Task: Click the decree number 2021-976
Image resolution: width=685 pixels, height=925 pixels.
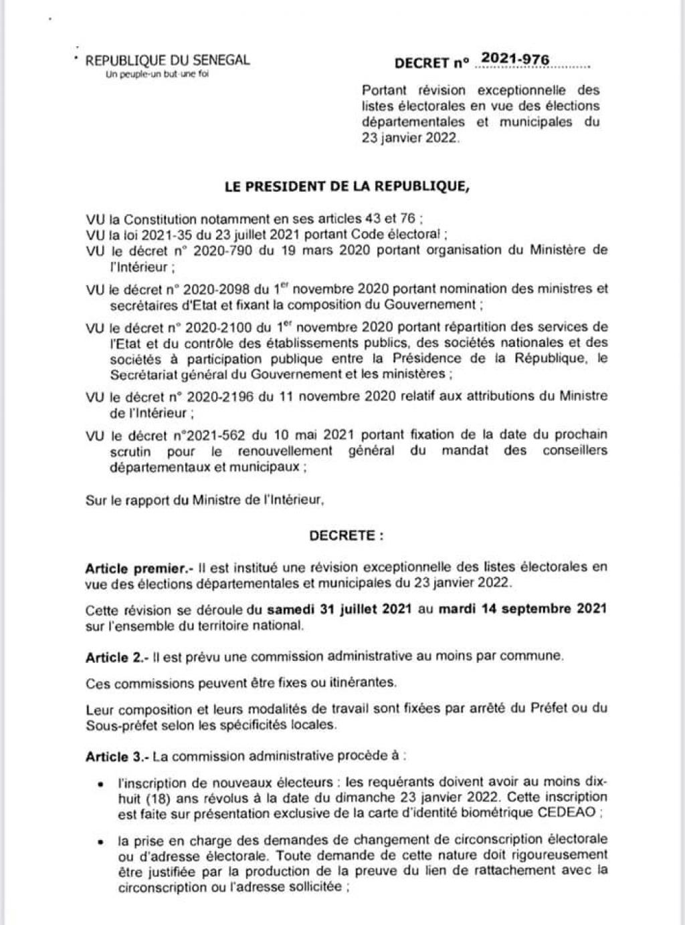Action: pos(515,60)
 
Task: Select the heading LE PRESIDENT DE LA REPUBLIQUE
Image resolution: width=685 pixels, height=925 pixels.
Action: pos(347,187)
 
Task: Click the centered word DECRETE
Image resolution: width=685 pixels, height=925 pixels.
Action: pos(347,536)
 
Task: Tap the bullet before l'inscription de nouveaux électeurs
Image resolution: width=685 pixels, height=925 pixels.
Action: pos(100,784)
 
